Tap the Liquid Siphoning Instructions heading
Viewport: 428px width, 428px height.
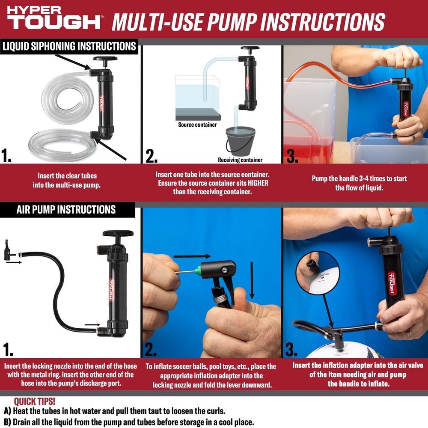point(69,46)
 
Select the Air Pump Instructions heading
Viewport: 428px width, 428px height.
point(66,209)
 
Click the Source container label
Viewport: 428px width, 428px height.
point(197,125)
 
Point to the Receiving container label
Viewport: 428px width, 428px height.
point(240,160)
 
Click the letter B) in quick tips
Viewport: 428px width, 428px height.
point(7,422)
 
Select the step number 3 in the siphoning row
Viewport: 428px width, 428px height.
point(292,156)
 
